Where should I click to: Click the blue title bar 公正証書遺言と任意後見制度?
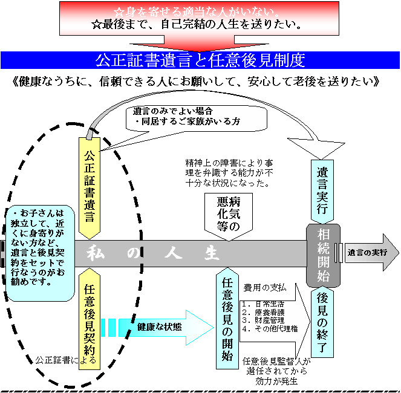click(200, 60)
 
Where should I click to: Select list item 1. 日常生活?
click(262, 304)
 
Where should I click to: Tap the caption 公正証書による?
click(66, 360)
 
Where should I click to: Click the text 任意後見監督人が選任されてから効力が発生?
click(275, 371)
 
